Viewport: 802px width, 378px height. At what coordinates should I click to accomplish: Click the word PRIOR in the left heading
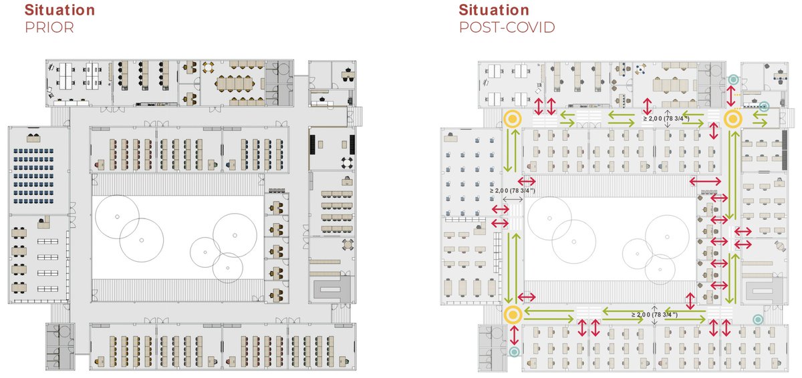point(49,27)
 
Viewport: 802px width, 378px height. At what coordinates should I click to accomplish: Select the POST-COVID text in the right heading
point(507,27)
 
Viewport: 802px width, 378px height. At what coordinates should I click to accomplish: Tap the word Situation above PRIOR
point(59,9)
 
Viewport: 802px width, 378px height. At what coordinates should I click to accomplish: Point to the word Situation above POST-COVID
point(494,9)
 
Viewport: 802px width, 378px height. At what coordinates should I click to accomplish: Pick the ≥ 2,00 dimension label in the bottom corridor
point(654,315)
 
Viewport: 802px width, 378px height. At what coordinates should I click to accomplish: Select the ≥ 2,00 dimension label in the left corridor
point(513,190)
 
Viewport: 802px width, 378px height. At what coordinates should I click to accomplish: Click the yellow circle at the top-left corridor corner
point(513,119)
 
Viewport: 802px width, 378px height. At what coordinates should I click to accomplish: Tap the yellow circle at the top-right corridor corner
point(733,119)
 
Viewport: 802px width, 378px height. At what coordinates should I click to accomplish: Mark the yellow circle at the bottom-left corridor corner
point(513,315)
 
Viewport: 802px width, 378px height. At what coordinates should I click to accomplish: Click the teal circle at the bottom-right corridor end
point(758,319)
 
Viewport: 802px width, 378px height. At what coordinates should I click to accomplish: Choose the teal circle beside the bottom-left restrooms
point(514,352)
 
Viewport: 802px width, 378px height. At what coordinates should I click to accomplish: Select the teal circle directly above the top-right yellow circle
point(733,79)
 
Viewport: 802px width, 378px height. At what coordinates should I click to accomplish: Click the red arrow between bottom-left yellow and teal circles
point(514,335)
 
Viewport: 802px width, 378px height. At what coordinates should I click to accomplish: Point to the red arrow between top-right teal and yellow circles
point(730,96)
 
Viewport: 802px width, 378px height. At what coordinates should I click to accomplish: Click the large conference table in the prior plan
point(235,84)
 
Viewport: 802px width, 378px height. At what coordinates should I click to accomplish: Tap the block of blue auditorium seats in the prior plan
point(33,176)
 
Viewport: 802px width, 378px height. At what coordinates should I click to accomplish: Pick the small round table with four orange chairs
point(208,67)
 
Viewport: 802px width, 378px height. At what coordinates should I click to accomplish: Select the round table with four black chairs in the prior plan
point(347,163)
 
